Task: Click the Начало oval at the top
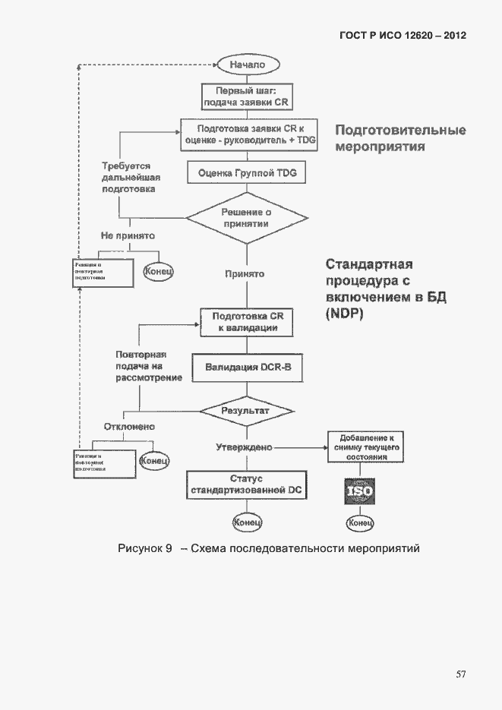click(247, 65)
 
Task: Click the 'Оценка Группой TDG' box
click(246, 173)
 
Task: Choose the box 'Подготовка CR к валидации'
click(246, 322)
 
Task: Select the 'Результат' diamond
click(246, 410)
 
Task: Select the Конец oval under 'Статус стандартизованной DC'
click(247, 522)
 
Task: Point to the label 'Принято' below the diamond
click(245, 273)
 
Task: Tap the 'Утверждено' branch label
click(244, 447)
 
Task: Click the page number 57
click(460, 674)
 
